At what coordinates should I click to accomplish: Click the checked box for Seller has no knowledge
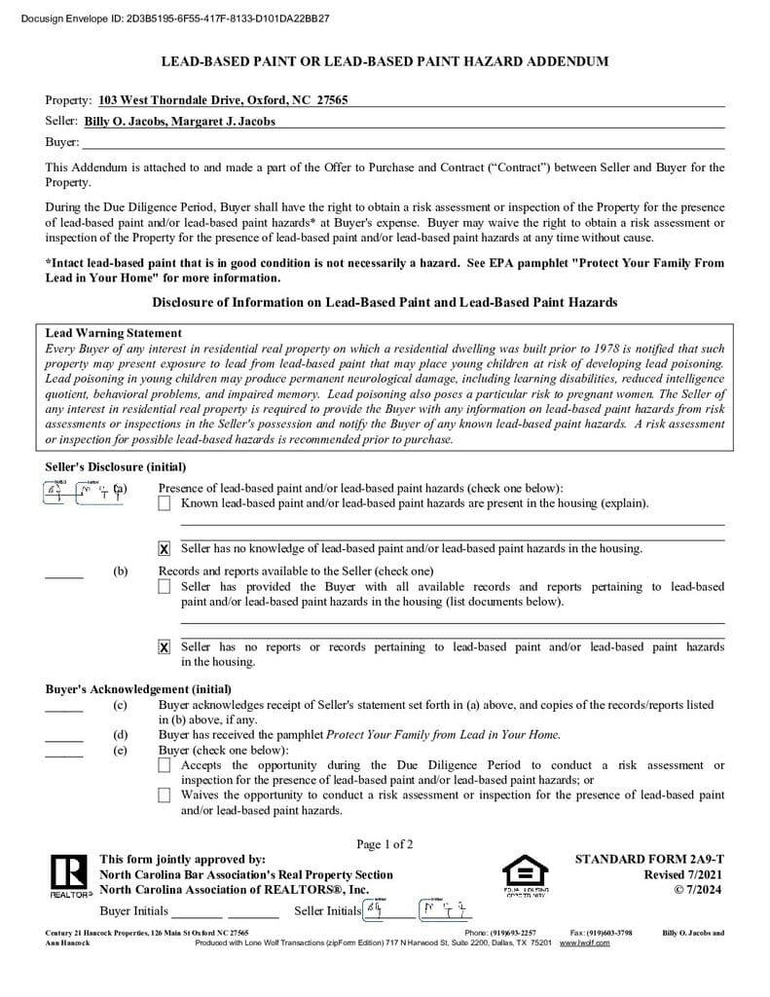164,549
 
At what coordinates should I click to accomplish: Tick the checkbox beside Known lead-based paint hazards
164,503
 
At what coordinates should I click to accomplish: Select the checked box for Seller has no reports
164,647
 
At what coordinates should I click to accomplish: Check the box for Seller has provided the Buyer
164,587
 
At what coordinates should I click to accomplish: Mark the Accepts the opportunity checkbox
164,766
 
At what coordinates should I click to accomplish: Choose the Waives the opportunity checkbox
164,795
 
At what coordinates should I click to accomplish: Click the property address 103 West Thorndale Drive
223,100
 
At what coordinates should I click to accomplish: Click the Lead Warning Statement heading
114,333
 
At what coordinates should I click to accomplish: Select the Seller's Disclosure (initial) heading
116,467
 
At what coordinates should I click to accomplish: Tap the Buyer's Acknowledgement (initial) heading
138,689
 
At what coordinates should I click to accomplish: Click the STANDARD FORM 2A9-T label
649,860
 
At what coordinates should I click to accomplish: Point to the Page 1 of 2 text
385,844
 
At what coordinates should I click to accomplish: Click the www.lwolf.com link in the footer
585,943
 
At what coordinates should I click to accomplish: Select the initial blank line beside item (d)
64,741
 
